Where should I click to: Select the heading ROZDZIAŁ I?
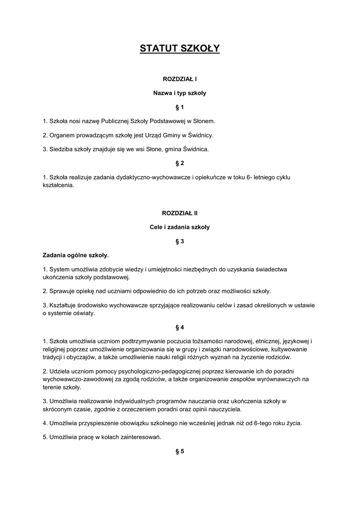coord(180,79)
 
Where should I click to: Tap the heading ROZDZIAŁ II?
coord(180,213)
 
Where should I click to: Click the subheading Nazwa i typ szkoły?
coord(180,93)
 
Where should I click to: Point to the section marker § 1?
coord(180,107)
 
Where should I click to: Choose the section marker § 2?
coord(180,163)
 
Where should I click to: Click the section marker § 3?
coord(180,241)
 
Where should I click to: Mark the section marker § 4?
coord(180,327)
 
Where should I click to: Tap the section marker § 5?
coord(180,451)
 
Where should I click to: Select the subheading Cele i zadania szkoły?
coord(180,227)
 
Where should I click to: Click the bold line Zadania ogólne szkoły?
coord(75,255)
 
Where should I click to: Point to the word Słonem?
coord(204,121)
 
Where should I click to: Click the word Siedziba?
coord(61,149)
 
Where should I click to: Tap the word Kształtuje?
coord(62,305)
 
